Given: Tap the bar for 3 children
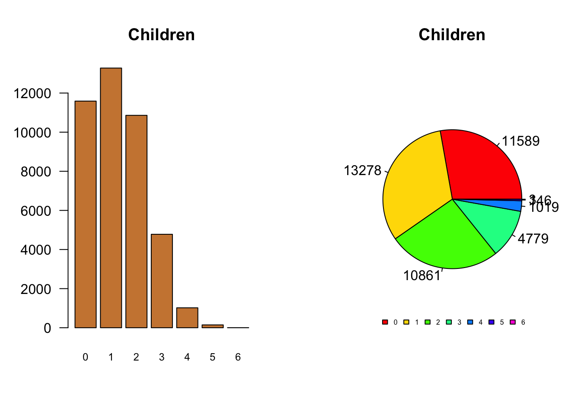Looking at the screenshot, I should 162,281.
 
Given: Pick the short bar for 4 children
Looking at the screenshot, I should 187,318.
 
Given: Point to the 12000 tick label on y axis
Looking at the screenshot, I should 32,93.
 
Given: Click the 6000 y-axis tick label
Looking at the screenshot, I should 36,211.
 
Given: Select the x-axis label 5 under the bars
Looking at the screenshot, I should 212,357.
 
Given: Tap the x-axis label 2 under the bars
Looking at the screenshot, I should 136,357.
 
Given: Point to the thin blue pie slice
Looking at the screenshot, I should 510,205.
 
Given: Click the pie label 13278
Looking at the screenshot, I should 362,171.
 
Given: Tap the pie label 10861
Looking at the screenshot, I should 422,275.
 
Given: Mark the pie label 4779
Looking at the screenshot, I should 533,239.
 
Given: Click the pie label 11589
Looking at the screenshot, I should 520,141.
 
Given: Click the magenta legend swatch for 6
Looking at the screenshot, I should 513,322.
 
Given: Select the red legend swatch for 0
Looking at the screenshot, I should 385,322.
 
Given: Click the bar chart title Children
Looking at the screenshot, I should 161,35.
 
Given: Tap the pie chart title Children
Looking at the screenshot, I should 452,35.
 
